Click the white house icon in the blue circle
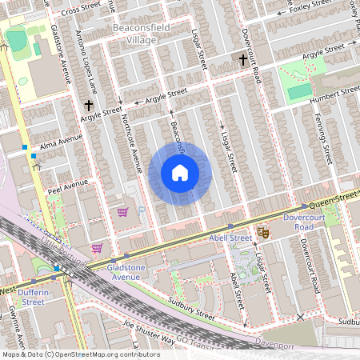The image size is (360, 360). tap(180, 173)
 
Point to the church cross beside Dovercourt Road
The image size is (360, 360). tap(242, 59)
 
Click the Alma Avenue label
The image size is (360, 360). tap(61, 141)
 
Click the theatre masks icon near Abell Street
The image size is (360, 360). tap(262, 234)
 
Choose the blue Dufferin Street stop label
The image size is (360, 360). tap(33, 297)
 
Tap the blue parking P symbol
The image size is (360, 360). tap(141, 210)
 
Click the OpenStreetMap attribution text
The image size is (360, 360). tap(70, 354)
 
